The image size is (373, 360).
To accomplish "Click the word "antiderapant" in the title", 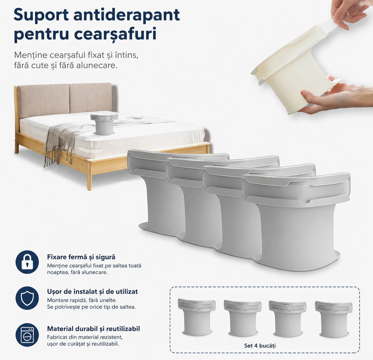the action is (126, 15).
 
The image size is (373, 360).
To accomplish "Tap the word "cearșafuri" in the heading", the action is (115, 34).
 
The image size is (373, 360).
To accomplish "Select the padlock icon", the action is (27, 262).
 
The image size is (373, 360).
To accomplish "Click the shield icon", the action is (27, 298).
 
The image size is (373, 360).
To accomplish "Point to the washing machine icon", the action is (27, 335).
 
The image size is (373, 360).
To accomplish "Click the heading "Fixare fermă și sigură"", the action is (81, 257).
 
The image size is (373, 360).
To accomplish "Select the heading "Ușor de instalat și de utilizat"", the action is (92, 291).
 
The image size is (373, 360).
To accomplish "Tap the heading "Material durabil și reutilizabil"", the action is (93, 329).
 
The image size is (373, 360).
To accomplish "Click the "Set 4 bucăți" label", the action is (260, 345).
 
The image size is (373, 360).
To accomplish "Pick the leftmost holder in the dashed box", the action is (197, 317).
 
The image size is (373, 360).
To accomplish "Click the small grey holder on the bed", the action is (104, 124).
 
